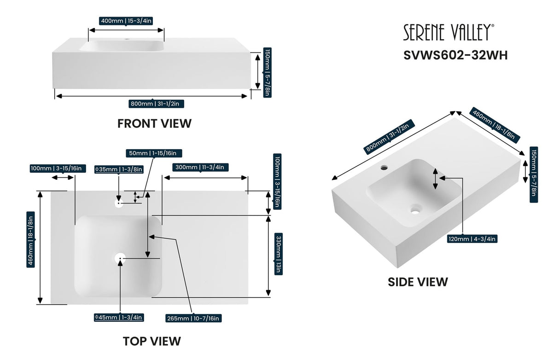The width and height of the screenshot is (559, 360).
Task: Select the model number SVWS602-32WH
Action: pyautogui.click(x=455, y=55)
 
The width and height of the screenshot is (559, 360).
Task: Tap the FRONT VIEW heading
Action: pyautogui.click(x=154, y=123)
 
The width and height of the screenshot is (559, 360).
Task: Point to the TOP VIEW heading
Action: pyautogui.click(x=151, y=341)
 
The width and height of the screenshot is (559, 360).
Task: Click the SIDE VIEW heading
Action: pyautogui.click(x=418, y=282)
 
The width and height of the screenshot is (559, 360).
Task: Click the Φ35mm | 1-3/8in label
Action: pyautogui.click(x=119, y=169)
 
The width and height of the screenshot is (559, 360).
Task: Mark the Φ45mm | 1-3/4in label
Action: pyautogui.click(x=119, y=317)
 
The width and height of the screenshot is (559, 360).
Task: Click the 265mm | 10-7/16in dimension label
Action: pyautogui.click(x=194, y=318)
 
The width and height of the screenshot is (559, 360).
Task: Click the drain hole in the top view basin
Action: pyautogui.click(x=120, y=259)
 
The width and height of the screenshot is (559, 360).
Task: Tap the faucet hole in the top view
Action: pyautogui.click(x=119, y=202)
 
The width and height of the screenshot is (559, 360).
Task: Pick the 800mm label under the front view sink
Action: pyautogui.click(x=157, y=104)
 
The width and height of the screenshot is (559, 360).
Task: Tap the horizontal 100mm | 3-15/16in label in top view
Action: pyautogui.click(x=56, y=168)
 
